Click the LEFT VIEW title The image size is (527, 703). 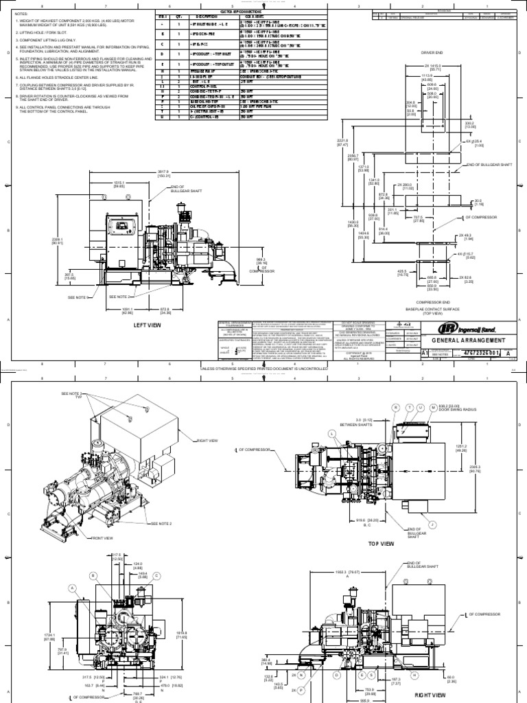(147, 325)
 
